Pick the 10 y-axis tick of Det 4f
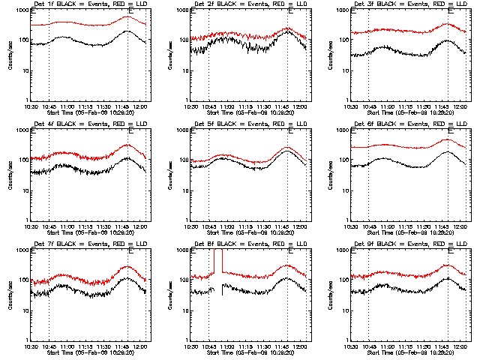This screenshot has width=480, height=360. tap(23, 190)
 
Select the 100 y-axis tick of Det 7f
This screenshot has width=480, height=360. tap(22, 280)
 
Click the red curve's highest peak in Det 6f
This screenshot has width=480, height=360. tap(448, 139)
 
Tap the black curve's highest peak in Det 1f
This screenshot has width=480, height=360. tap(128, 31)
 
